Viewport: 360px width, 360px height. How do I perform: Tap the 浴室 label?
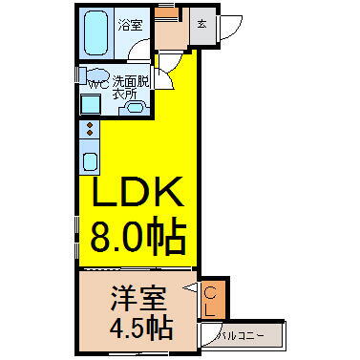coord(130,24)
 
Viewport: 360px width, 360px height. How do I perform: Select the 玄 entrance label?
coord(203,24)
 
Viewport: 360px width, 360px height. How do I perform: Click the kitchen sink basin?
coord(90,160)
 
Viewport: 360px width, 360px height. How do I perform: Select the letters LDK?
coord(136,196)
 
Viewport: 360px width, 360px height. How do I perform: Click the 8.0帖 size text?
coord(136,237)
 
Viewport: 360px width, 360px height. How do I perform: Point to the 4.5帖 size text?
coord(134,328)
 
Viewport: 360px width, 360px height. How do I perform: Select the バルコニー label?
coord(243,335)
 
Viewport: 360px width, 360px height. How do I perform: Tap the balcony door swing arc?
coord(208,333)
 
